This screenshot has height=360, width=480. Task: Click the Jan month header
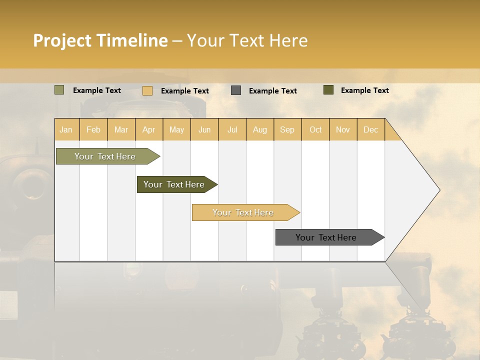click(66, 129)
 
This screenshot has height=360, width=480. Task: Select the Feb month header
click(93, 129)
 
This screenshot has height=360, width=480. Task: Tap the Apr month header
click(148, 129)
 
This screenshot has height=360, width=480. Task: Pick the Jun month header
click(204, 129)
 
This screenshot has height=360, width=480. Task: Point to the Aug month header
click(260, 129)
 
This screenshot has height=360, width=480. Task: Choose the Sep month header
click(287, 129)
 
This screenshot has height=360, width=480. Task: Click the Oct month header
click(315, 129)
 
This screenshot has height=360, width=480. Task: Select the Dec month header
click(370, 129)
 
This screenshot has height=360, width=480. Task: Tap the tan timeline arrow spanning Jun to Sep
click(243, 212)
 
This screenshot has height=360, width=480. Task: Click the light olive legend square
click(59, 90)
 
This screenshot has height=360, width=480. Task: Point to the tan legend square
click(147, 90)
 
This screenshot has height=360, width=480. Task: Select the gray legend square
click(236, 90)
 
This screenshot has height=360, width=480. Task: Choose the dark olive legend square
click(328, 90)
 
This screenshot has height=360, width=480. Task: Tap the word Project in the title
click(62, 40)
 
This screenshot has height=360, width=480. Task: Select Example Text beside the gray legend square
click(272, 91)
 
